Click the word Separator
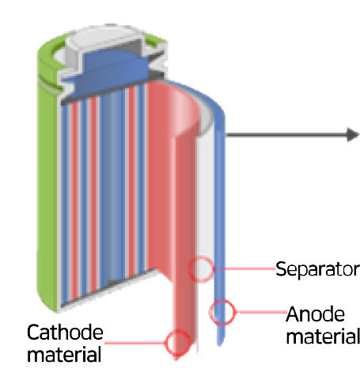click(317, 270)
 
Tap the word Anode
click(316, 314)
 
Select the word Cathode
click(65, 333)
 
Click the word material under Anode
click(323, 337)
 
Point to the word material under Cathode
click(64, 355)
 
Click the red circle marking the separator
click(201, 269)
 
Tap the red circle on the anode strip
click(222, 312)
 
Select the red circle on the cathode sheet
click(177, 343)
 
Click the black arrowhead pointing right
click(353, 135)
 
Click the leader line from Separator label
click(244, 269)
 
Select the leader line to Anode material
click(261, 312)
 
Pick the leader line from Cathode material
click(135, 343)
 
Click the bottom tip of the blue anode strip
click(220, 345)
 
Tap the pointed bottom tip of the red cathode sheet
click(176, 359)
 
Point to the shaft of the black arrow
click(286, 135)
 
